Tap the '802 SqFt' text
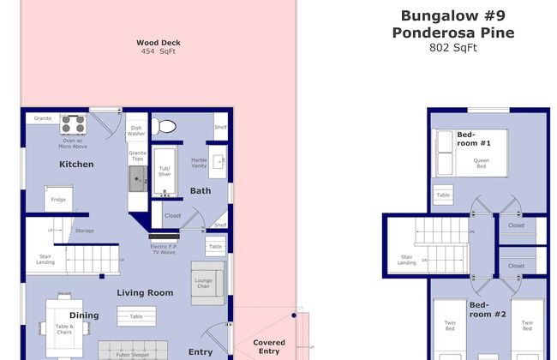click(x=452, y=48)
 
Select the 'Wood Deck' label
click(x=159, y=42)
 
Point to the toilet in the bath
click(x=165, y=127)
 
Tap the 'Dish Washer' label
click(x=136, y=131)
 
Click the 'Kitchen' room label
click(x=76, y=164)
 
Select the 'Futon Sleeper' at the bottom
click(x=138, y=351)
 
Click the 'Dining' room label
click(x=84, y=315)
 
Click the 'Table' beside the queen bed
click(x=443, y=195)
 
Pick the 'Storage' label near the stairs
click(x=84, y=231)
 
